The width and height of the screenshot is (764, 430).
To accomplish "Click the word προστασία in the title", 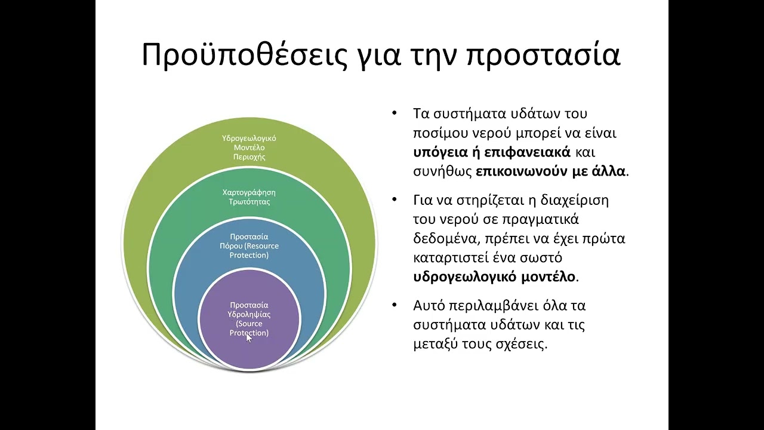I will click(x=543, y=55).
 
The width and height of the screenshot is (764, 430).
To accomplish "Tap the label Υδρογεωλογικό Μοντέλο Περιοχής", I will click(x=249, y=148).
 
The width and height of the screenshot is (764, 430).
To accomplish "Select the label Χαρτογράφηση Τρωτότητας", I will click(x=249, y=197).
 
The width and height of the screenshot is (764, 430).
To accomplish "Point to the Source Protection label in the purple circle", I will click(x=249, y=319).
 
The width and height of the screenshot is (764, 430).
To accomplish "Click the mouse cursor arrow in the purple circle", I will click(x=249, y=337).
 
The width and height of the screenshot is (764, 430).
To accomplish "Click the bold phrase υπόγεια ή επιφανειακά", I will click(x=492, y=152).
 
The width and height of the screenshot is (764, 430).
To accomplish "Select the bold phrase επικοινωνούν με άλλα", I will click(x=550, y=171).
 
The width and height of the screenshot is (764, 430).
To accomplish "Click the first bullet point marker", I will click(x=393, y=113).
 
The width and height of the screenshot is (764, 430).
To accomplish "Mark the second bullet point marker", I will click(x=393, y=199).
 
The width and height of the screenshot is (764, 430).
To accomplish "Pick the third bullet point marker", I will click(x=393, y=305).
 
